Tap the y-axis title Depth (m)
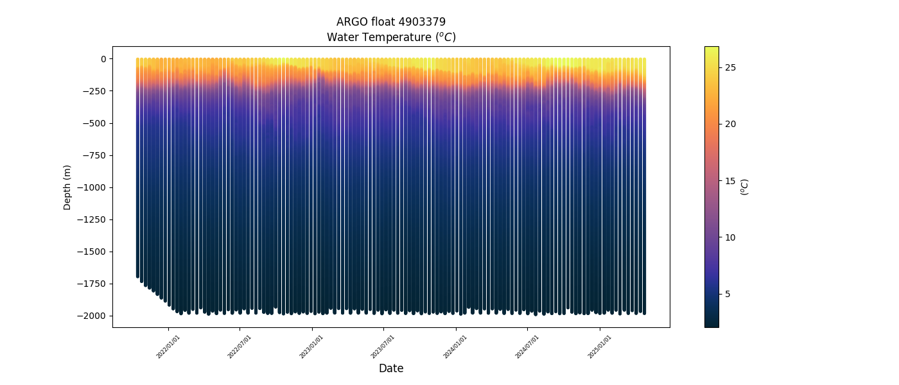(x=67, y=187)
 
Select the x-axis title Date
(x=391, y=368)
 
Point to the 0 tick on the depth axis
(x=102, y=59)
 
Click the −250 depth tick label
(x=94, y=91)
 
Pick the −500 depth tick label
(x=94, y=123)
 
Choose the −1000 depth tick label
(x=92, y=187)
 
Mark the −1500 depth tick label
(x=92, y=252)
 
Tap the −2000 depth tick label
(x=92, y=316)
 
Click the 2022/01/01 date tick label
(x=168, y=347)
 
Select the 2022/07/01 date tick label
(x=240, y=347)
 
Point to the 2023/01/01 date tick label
(x=311, y=347)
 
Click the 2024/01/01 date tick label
(x=455, y=347)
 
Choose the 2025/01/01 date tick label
(x=599, y=347)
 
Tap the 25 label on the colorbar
(x=731, y=67)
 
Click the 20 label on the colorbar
(x=731, y=124)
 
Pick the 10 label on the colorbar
(x=731, y=237)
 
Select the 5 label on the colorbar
(x=728, y=294)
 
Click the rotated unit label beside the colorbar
(x=745, y=187)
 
